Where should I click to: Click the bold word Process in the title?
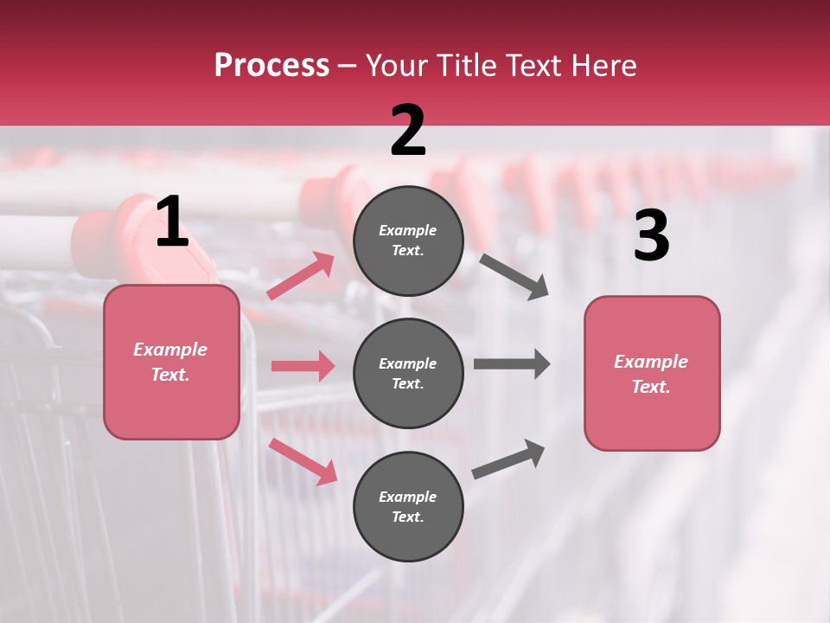tap(271, 65)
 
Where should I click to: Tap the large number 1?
tap(172, 222)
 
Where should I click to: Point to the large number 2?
tap(408, 131)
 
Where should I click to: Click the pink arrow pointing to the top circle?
tap(301, 276)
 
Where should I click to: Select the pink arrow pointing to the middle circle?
tap(303, 366)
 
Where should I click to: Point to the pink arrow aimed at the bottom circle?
tap(303, 460)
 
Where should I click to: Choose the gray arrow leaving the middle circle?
tap(511, 363)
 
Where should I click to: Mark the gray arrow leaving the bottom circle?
tap(508, 459)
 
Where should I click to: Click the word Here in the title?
tap(603, 65)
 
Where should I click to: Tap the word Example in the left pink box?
tap(170, 350)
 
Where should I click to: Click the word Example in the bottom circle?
tap(408, 497)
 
